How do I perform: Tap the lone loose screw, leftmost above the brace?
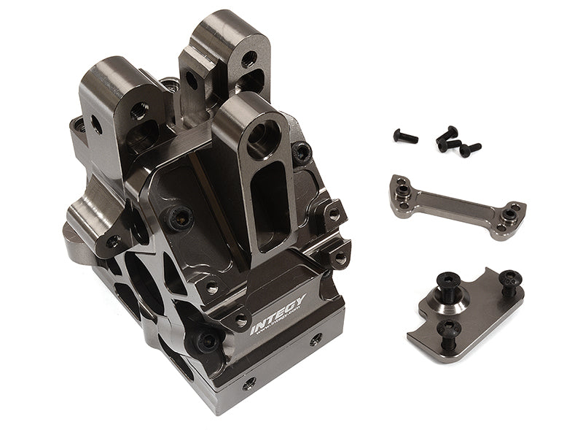(x=406, y=135)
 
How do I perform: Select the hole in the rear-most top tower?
(x=249, y=58)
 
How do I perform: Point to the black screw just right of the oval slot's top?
(x=302, y=153)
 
